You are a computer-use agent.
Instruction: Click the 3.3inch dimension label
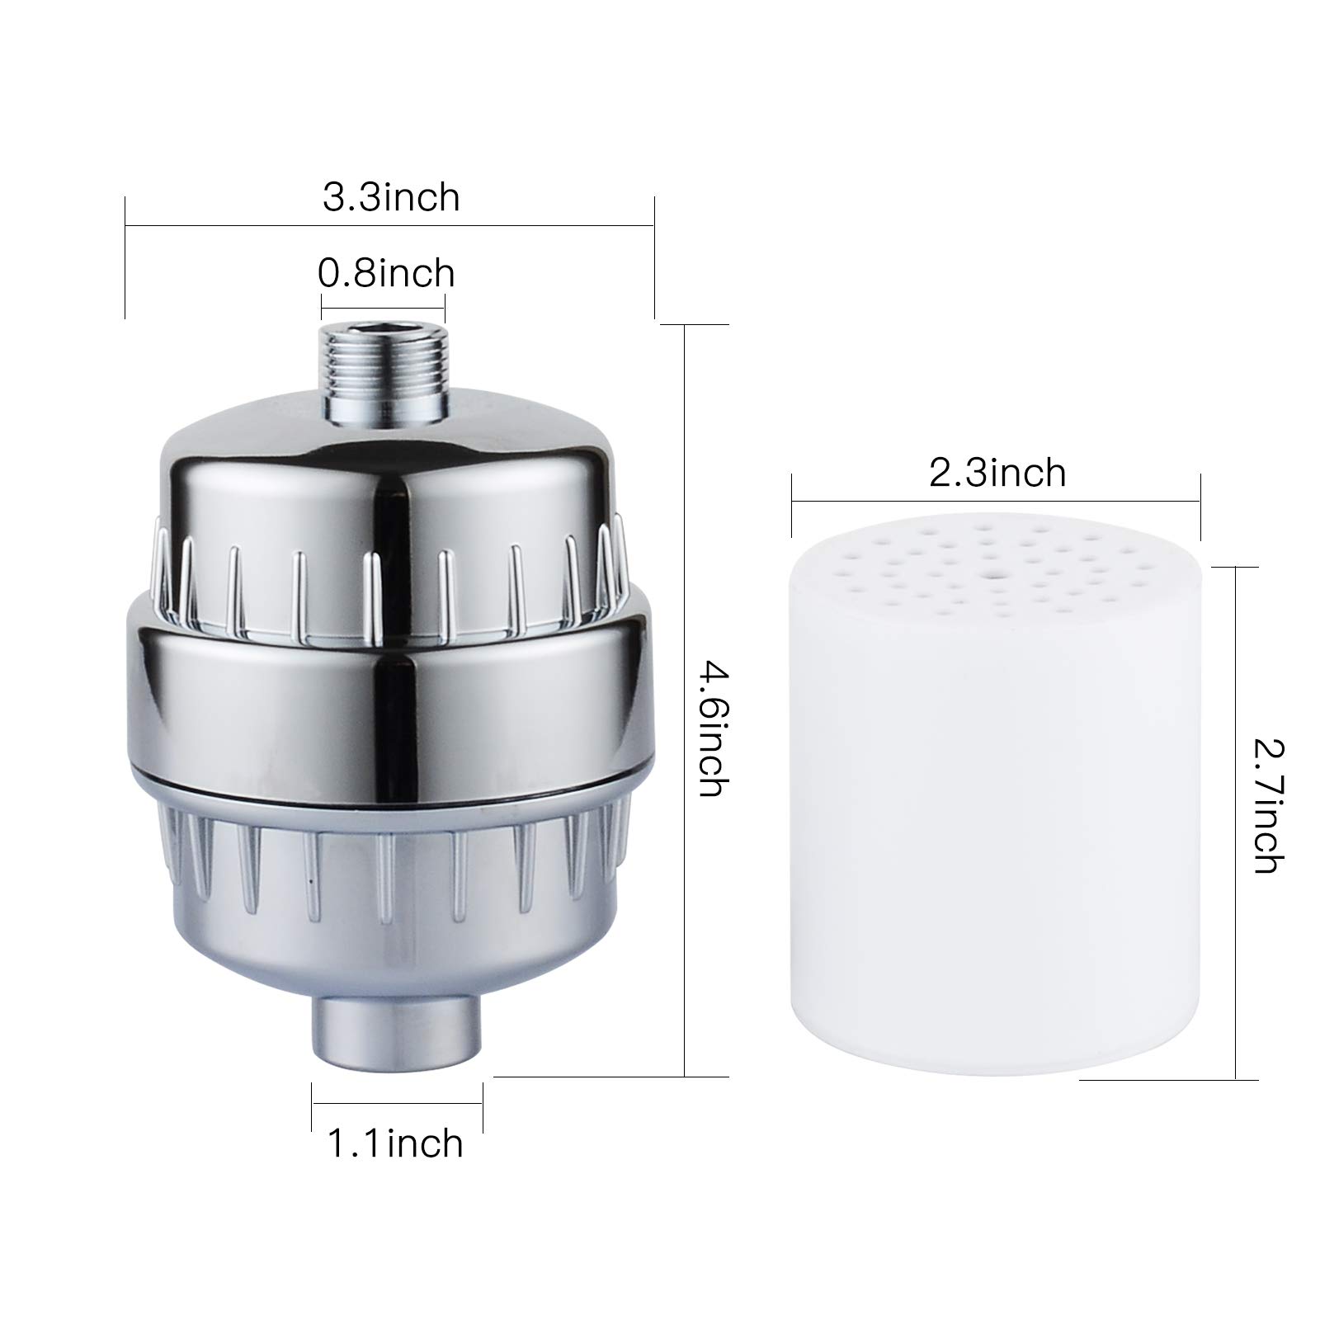coord(390,198)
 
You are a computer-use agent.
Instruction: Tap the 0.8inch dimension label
coord(386,273)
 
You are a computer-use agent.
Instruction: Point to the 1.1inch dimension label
coord(396,1143)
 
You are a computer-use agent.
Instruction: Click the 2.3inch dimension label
coord(997,474)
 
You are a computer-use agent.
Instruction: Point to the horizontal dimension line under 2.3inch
coord(996,500)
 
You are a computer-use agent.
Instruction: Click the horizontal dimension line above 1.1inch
coord(397,1106)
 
